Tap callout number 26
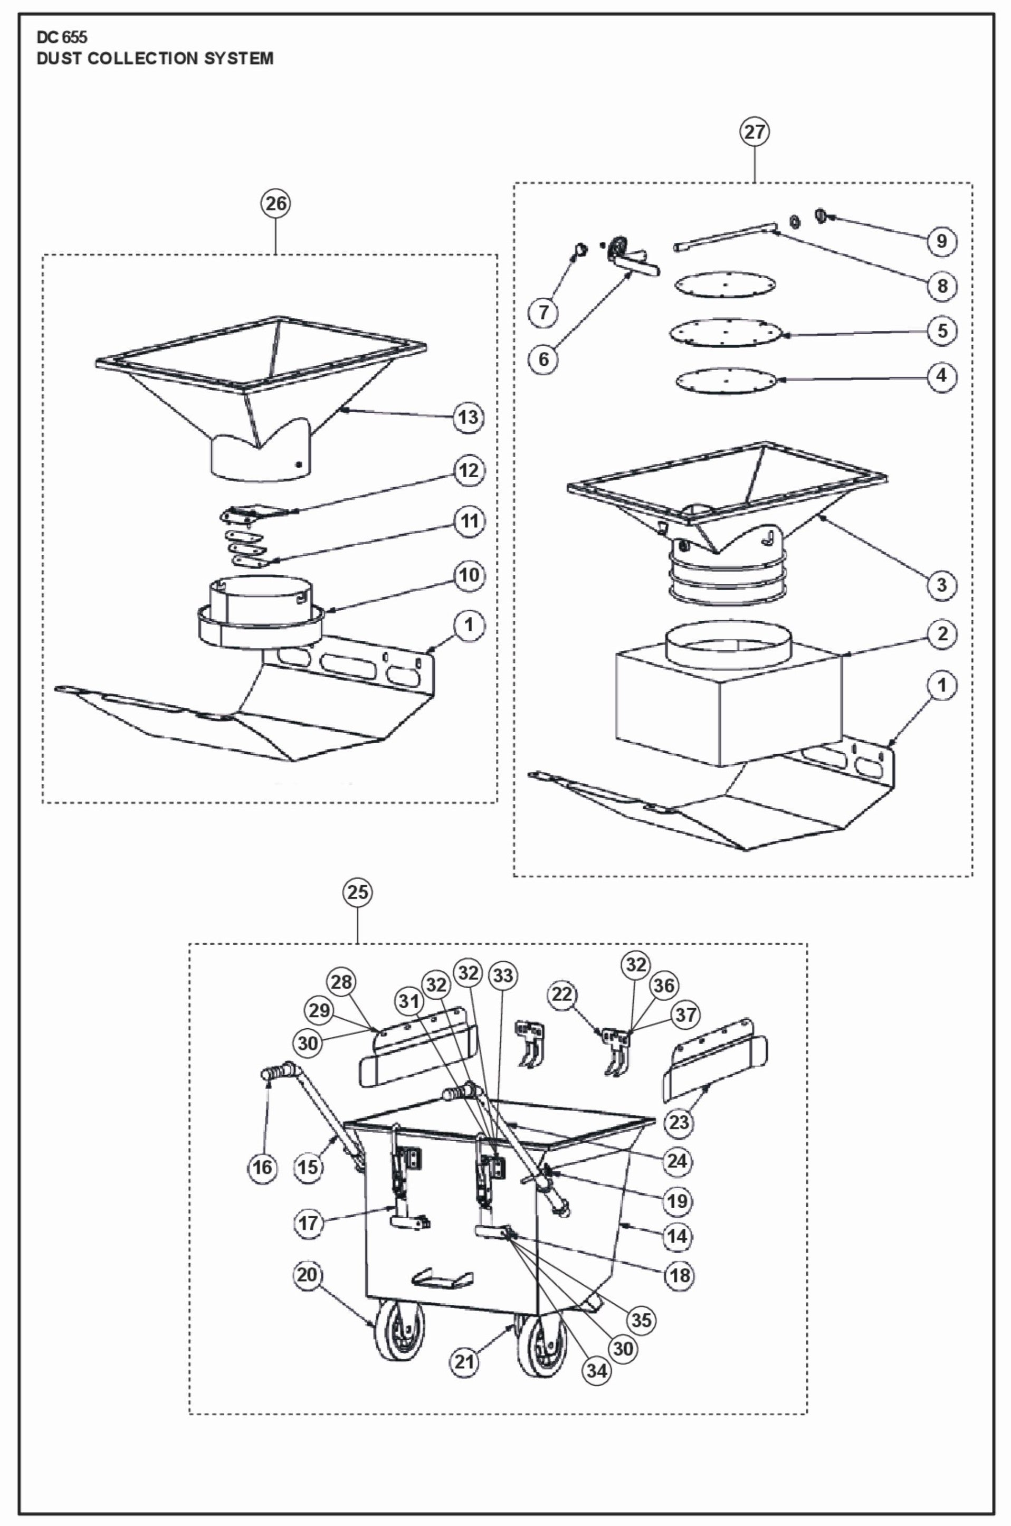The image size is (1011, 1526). [x=275, y=204]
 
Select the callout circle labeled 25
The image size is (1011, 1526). [x=357, y=892]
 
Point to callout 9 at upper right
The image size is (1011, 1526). [x=941, y=241]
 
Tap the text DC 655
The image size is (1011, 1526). [x=62, y=37]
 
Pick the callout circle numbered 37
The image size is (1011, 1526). [x=685, y=1015]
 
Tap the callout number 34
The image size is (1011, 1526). [x=596, y=1371]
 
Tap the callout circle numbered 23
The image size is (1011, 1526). [x=678, y=1122]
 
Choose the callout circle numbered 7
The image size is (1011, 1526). [x=543, y=312]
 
